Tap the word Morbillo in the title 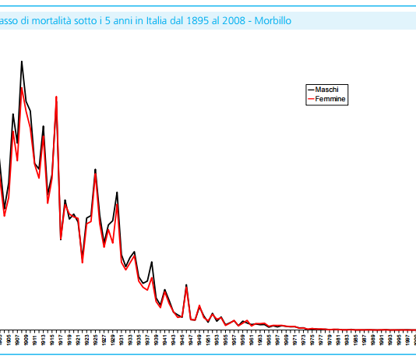click(273, 20)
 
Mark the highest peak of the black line click(21, 62)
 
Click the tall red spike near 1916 click(56, 97)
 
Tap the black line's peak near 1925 click(95, 169)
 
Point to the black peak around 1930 click(117, 192)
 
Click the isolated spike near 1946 click(186, 285)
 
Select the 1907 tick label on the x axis click(17, 341)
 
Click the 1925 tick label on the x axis click(95, 341)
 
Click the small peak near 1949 click(199, 305)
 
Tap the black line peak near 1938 click(152, 263)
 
